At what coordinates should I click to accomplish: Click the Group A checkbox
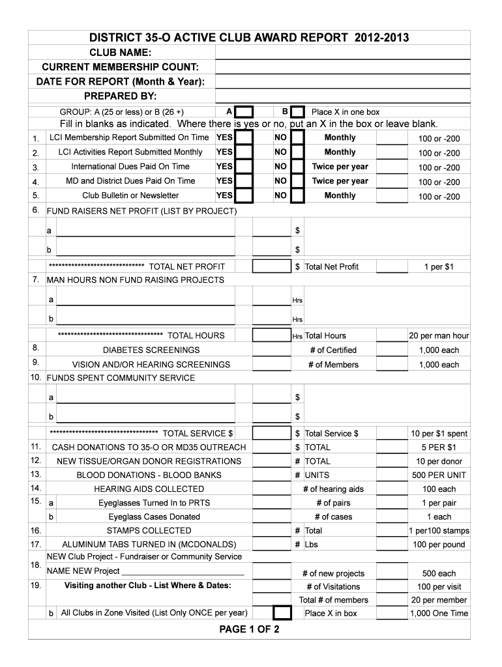point(244,112)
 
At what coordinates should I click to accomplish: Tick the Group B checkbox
point(297,112)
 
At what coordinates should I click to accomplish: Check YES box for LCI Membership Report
point(244,137)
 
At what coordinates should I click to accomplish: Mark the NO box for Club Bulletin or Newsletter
point(297,195)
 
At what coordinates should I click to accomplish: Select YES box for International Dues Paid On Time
point(244,167)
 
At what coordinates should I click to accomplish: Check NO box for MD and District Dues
point(297,181)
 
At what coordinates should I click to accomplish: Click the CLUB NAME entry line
point(342,53)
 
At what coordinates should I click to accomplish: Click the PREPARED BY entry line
point(342,97)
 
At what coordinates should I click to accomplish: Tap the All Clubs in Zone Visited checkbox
point(282,613)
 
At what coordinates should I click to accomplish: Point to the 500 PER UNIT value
point(439,475)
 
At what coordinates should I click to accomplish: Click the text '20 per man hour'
point(439,336)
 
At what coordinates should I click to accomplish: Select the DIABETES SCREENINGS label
point(151,350)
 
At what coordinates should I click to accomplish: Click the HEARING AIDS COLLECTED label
point(149,489)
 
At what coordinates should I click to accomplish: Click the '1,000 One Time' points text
point(439,614)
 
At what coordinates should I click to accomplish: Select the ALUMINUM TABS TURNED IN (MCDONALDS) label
point(149,545)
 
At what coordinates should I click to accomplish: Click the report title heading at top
point(250,38)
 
